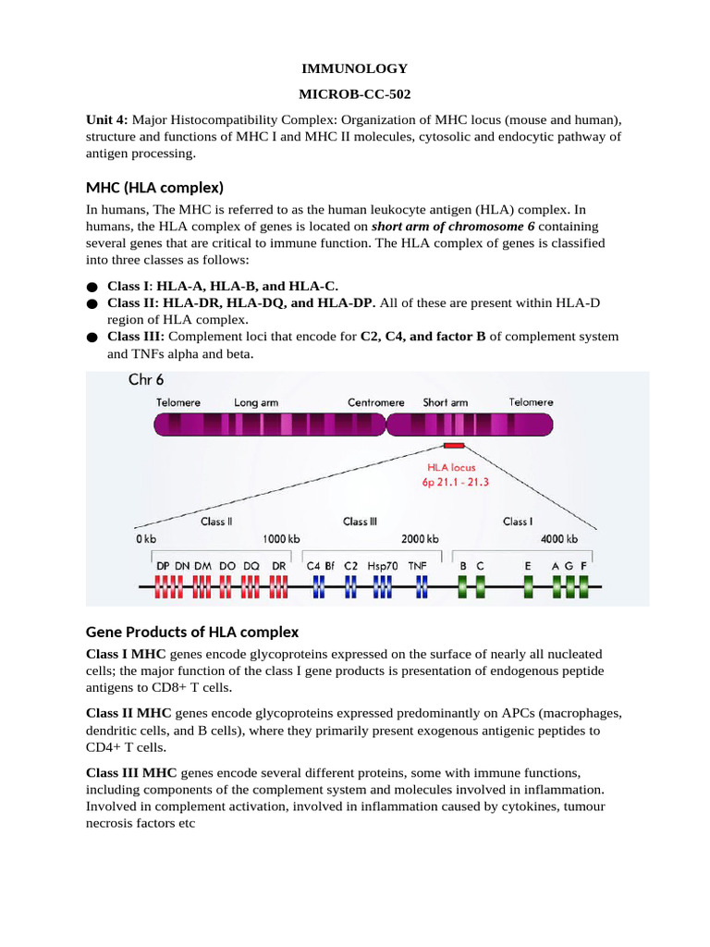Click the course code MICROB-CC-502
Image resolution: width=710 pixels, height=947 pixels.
[x=355, y=93]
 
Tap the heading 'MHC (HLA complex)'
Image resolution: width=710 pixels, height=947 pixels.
[x=154, y=188]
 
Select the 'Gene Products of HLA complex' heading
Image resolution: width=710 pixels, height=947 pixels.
[x=192, y=632]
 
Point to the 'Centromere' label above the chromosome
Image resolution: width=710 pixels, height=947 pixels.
[x=375, y=402]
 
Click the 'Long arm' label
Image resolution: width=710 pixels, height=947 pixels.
[x=259, y=402]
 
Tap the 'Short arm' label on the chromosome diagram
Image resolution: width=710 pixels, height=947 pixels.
[x=446, y=402]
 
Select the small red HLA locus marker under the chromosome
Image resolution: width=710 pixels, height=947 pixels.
[x=454, y=445]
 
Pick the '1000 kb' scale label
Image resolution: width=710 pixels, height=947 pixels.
[x=282, y=539]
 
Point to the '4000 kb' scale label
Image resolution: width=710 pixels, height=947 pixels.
[x=558, y=539]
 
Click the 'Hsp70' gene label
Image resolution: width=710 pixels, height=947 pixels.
[x=383, y=563]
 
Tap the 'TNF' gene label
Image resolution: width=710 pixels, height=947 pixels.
[x=419, y=563]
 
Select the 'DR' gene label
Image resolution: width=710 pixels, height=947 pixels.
[x=278, y=563]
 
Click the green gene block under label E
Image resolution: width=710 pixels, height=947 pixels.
[x=528, y=586]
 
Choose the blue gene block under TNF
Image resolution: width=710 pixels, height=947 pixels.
[x=422, y=586]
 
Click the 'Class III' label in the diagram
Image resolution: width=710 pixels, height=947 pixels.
[x=360, y=522]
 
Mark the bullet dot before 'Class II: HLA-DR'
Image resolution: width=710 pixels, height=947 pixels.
[x=92, y=303]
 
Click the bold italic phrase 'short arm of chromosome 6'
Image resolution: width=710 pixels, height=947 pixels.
[x=453, y=227]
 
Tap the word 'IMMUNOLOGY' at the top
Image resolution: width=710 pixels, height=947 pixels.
[x=355, y=68]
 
